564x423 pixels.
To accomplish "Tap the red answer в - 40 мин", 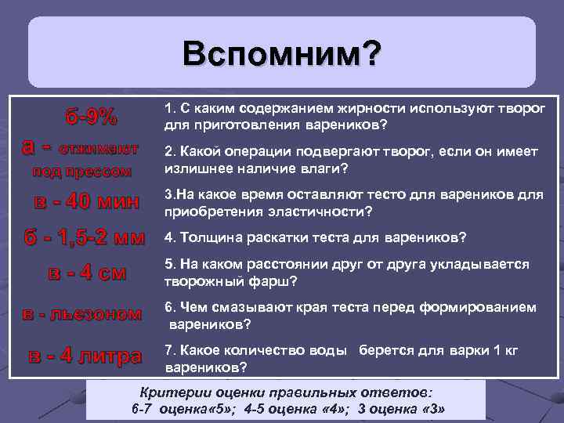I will pos(87,202).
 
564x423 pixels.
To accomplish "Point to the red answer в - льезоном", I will pos(81,314).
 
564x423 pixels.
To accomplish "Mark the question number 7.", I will pos(168,350).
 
